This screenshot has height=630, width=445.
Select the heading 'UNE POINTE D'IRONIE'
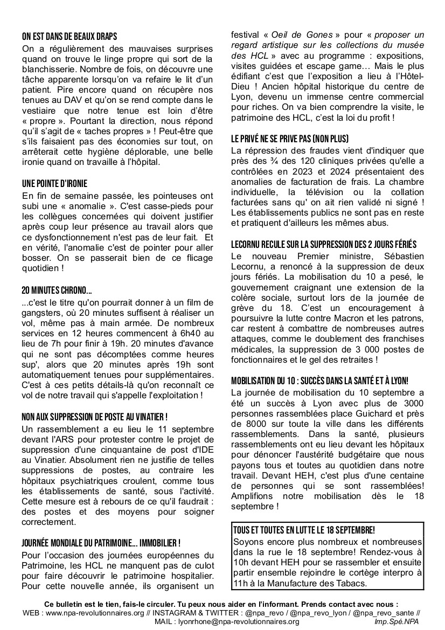(54, 183)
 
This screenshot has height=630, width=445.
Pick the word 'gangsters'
(45, 313)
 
